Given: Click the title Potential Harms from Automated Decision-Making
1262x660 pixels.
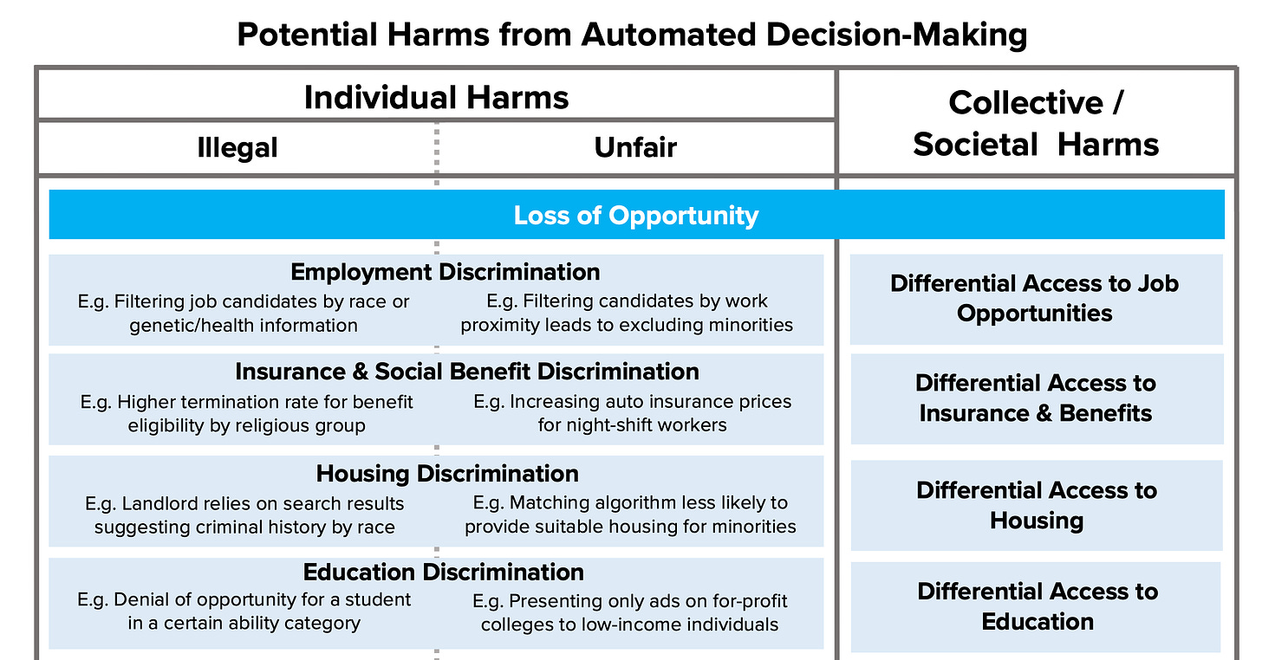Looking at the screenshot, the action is pyautogui.click(x=631, y=35).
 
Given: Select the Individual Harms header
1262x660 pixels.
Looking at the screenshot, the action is pyautogui.click(x=436, y=97).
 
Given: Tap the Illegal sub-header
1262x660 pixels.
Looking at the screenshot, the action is pyautogui.click(x=237, y=147).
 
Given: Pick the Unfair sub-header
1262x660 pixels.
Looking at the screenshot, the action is pyautogui.click(x=635, y=147).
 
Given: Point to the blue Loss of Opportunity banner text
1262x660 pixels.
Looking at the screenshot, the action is pyautogui.click(x=635, y=215).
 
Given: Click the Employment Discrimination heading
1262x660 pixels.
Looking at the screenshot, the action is pyautogui.click(x=445, y=272).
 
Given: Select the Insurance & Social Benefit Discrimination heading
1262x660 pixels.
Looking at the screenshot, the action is pyautogui.click(x=466, y=372).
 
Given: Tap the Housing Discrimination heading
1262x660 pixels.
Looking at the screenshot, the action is pyautogui.click(x=447, y=473).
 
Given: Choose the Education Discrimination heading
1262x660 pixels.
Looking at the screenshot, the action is pyautogui.click(x=443, y=572).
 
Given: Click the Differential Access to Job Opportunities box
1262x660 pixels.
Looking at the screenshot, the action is pyautogui.click(x=1035, y=299).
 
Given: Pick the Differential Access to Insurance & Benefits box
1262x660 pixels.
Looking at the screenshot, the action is pyautogui.click(x=1036, y=398).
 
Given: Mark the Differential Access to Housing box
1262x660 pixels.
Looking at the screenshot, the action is pyautogui.click(x=1036, y=505).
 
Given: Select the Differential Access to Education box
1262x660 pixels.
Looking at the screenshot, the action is pyautogui.click(x=1037, y=606).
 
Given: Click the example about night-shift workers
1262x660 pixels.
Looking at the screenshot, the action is pyautogui.click(x=632, y=413).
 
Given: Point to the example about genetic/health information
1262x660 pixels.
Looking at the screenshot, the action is pyautogui.click(x=244, y=314).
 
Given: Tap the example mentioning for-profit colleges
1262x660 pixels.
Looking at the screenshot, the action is pyautogui.click(x=629, y=612).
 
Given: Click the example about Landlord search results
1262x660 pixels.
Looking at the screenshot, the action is pyautogui.click(x=244, y=514).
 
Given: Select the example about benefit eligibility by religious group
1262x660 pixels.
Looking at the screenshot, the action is pyautogui.click(x=246, y=413).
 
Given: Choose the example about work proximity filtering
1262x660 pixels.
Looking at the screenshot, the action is pyautogui.click(x=627, y=314).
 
